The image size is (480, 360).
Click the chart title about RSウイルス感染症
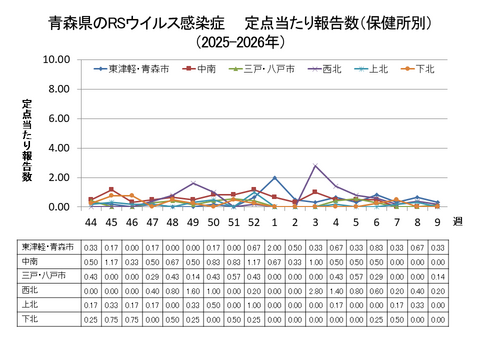click(x=239, y=21)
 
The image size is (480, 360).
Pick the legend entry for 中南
click(x=206, y=69)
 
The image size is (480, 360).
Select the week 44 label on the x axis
click(x=92, y=224)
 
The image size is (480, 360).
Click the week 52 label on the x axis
click(x=253, y=224)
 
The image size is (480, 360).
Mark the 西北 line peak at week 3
click(x=315, y=166)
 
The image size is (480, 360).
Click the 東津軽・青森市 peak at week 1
click(x=274, y=178)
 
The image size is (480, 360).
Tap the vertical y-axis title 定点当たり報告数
click(x=27, y=140)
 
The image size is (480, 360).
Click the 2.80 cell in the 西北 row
click(x=315, y=290)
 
